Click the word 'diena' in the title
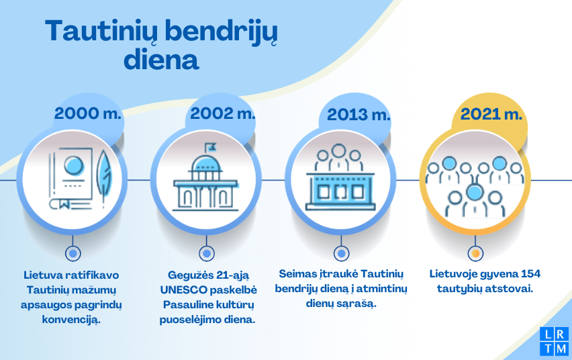click(161, 60)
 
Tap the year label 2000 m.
click(87, 114)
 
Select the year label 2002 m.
click(222, 114)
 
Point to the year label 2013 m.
click(359, 115)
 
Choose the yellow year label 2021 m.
click(491, 114)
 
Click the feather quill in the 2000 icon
click(104, 176)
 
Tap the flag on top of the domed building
click(210, 148)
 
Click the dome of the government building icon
click(206, 164)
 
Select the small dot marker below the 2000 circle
click(73, 253)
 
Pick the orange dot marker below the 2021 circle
click(475, 253)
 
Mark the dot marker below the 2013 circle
click(341, 253)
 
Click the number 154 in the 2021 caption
click(531, 274)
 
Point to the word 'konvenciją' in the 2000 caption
click(71, 320)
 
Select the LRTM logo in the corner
click(554, 341)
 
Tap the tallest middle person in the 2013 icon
click(338, 157)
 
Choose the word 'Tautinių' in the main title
click(102, 32)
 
